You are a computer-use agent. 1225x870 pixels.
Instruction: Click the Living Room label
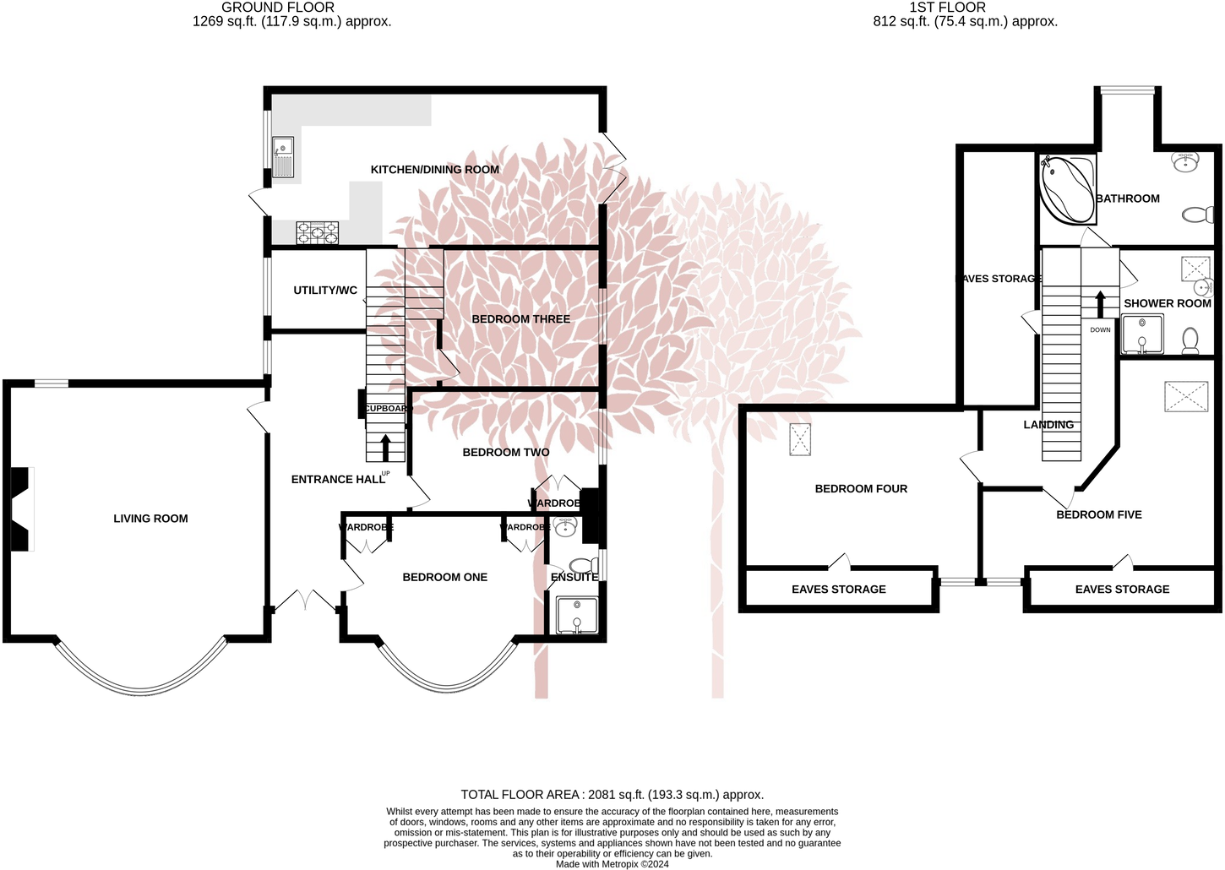(150, 519)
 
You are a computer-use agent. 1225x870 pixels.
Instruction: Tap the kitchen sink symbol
(283, 158)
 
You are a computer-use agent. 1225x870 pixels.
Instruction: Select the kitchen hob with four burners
(318, 231)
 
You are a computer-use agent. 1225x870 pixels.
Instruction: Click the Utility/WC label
(324, 291)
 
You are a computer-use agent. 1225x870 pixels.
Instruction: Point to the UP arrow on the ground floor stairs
(386, 447)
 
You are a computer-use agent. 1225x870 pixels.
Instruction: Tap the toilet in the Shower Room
(1190, 340)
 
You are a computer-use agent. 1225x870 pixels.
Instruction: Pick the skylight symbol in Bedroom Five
(1186, 396)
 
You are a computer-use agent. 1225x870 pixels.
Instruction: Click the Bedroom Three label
(520, 319)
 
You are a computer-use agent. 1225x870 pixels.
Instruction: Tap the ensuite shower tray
(576, 616)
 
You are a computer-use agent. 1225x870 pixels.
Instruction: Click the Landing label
(1048, 425)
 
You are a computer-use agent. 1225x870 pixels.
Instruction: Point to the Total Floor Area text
(612, 795)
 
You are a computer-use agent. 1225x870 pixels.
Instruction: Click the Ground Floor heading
(278, 8)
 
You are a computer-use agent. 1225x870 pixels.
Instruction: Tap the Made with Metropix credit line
(612, 864)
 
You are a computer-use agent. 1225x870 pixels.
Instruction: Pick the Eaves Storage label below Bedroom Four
(838, 590)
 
